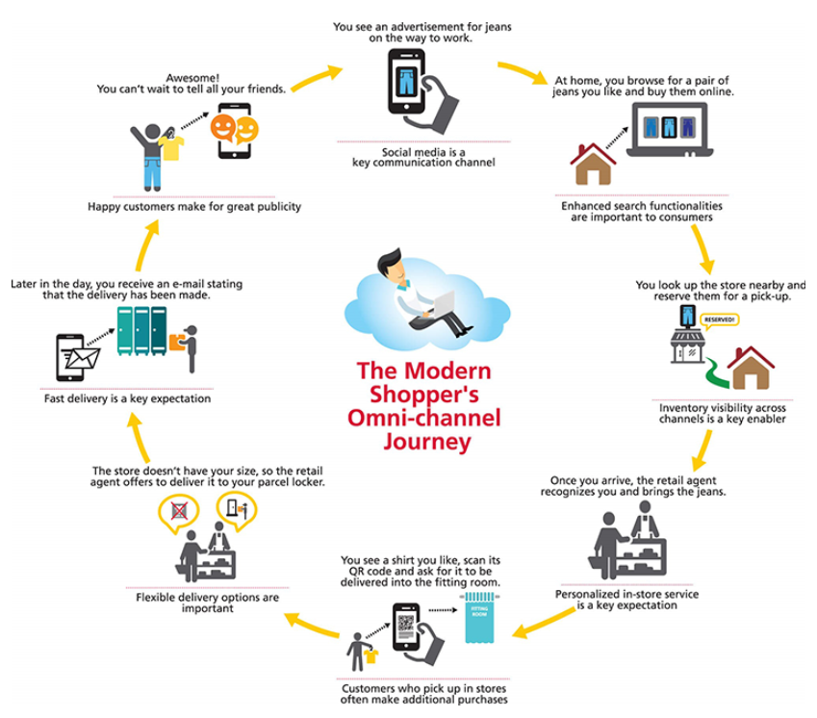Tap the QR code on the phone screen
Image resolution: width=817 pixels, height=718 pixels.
pos(404,626)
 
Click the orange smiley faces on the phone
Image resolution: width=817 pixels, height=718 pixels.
pos(234,128)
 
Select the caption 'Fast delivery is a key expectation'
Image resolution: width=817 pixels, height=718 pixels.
pos(127,397)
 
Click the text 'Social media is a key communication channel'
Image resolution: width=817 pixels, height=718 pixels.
pos(424,157)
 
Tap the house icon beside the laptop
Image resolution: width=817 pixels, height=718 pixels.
pos(593,163)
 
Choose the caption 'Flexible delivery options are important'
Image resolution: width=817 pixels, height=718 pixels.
pos(208,603)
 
